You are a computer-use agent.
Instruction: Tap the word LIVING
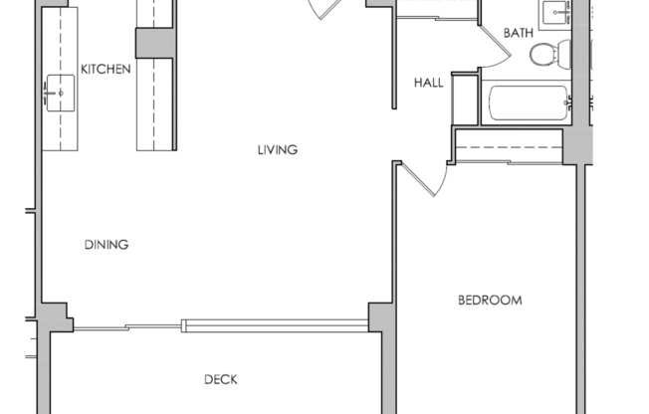(x=278, y=150)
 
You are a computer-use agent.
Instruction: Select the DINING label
(x=106, y=244)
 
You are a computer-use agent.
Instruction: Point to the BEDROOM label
(x=490, y=300)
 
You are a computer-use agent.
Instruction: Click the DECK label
(x=221, y=378)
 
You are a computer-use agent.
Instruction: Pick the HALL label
(x=429, y=83)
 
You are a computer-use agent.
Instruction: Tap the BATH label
(x=518, y=33)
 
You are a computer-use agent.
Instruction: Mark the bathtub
(x=528, y=103)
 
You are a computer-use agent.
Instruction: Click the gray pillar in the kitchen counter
(x=155, y=43)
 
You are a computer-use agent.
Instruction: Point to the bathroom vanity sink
(x=554, y=13)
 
